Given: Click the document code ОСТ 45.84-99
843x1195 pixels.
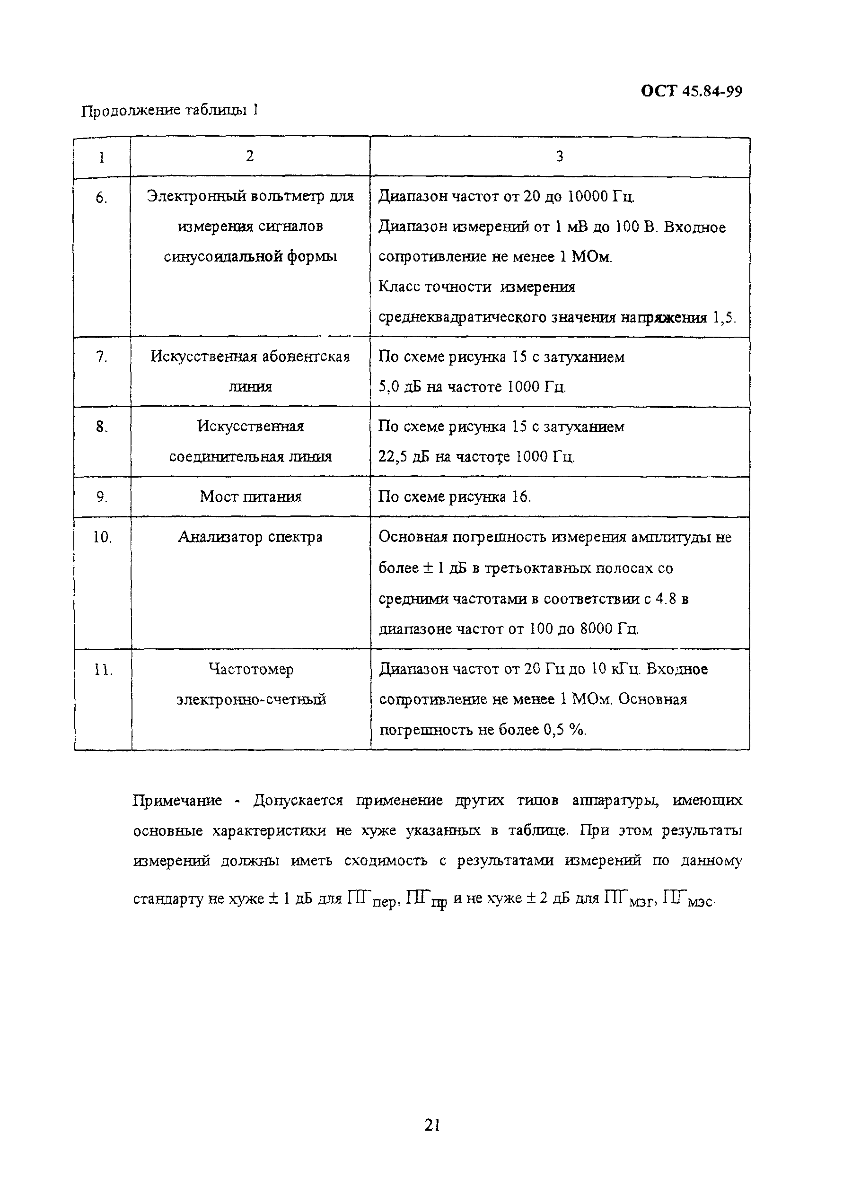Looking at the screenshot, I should pos(691,92).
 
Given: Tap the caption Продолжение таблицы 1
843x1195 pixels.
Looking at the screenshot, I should pos(170,111).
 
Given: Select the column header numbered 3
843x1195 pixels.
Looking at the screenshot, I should pos(559,157).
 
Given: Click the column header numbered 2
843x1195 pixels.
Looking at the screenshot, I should pos(250,156).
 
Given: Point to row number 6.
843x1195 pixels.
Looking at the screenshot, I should pos(102,198).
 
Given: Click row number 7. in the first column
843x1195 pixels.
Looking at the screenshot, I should pos(102,357).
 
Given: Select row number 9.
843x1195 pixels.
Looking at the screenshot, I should pos(102,497).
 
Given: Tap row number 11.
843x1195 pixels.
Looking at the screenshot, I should pos(103,671).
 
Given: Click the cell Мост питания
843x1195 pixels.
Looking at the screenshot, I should pos(250,497).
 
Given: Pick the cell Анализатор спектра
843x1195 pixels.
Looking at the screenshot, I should pos(250,537).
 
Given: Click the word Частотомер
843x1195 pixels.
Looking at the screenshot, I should pos(250,669).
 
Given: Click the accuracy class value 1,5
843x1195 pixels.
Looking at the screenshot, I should pos(724,318).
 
